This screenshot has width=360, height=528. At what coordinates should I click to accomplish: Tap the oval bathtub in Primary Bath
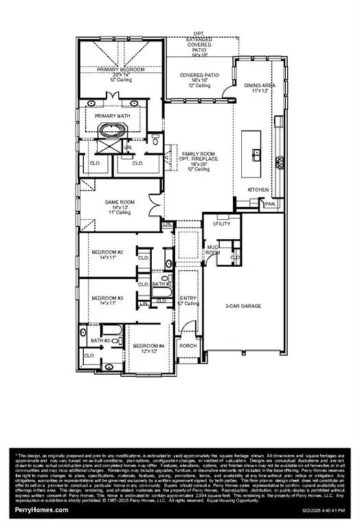[x=110, y=131]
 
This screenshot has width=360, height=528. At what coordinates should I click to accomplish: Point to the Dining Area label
[x=258, y=85]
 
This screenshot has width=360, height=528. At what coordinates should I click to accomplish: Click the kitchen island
[x=256, y=153]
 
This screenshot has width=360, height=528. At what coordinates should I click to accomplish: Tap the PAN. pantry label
[x=270, y=203]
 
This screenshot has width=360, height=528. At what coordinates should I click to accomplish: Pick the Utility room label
[x=221, y=224]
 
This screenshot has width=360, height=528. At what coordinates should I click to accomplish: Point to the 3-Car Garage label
[x=244, y=306]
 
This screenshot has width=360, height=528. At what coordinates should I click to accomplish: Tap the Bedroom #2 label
[x=107, y=252]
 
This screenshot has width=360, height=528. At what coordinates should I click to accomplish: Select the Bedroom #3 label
[x=107, y=298]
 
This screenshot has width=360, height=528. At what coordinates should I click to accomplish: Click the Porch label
[x=188, y=345]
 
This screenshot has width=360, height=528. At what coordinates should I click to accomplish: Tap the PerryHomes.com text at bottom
[x=41, y=510]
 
